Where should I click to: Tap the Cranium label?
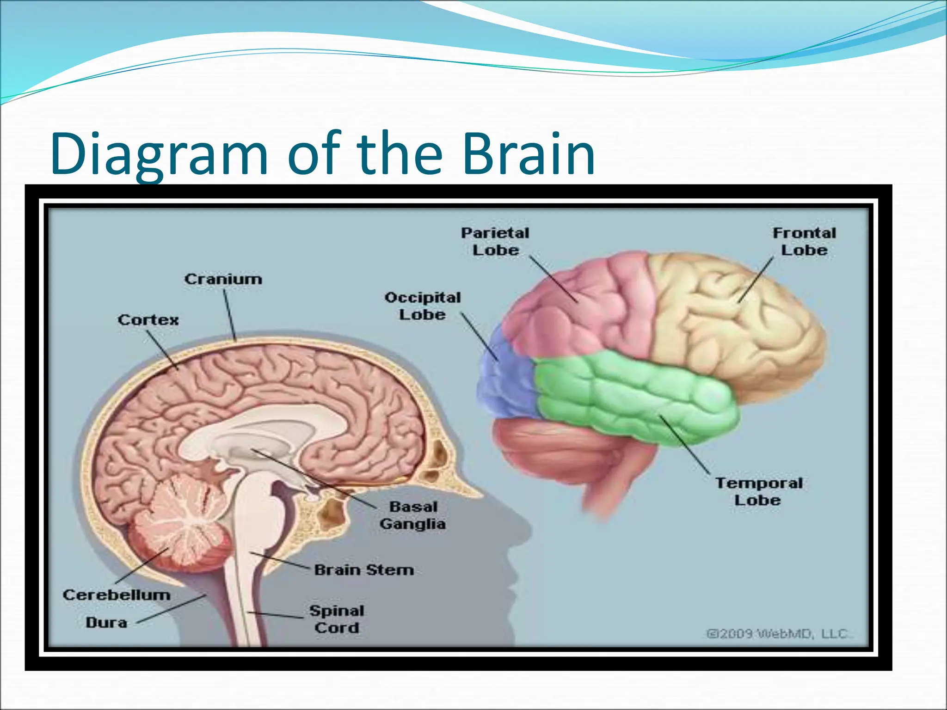223,279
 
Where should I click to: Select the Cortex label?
148,320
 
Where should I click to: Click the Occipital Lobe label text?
423,306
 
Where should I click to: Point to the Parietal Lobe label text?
495,241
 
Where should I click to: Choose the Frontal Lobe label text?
804,241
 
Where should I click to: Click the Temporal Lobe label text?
758,491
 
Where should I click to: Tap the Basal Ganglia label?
412,515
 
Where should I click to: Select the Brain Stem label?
364,570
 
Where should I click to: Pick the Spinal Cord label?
337,619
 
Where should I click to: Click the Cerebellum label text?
117,595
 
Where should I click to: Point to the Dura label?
106,623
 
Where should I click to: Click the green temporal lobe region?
638,398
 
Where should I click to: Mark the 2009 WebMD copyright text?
780,633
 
